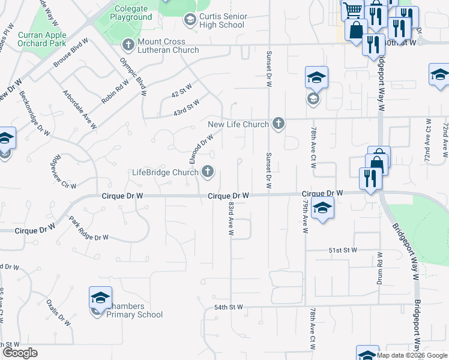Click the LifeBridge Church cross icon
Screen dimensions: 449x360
[208, 172]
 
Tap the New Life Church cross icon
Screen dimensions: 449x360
[277, 124]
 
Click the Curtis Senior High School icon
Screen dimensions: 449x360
[190, 20]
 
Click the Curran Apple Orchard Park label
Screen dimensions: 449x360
[41, 40]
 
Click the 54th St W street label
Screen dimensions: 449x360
[228, 307]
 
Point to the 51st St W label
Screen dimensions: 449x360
[343, 250]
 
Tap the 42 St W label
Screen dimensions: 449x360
[181, 91]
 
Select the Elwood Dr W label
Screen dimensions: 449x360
[201, 148]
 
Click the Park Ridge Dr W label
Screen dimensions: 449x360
[89, 229]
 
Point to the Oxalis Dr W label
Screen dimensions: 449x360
[58, 313]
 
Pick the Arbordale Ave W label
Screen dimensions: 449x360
[80, 109]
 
